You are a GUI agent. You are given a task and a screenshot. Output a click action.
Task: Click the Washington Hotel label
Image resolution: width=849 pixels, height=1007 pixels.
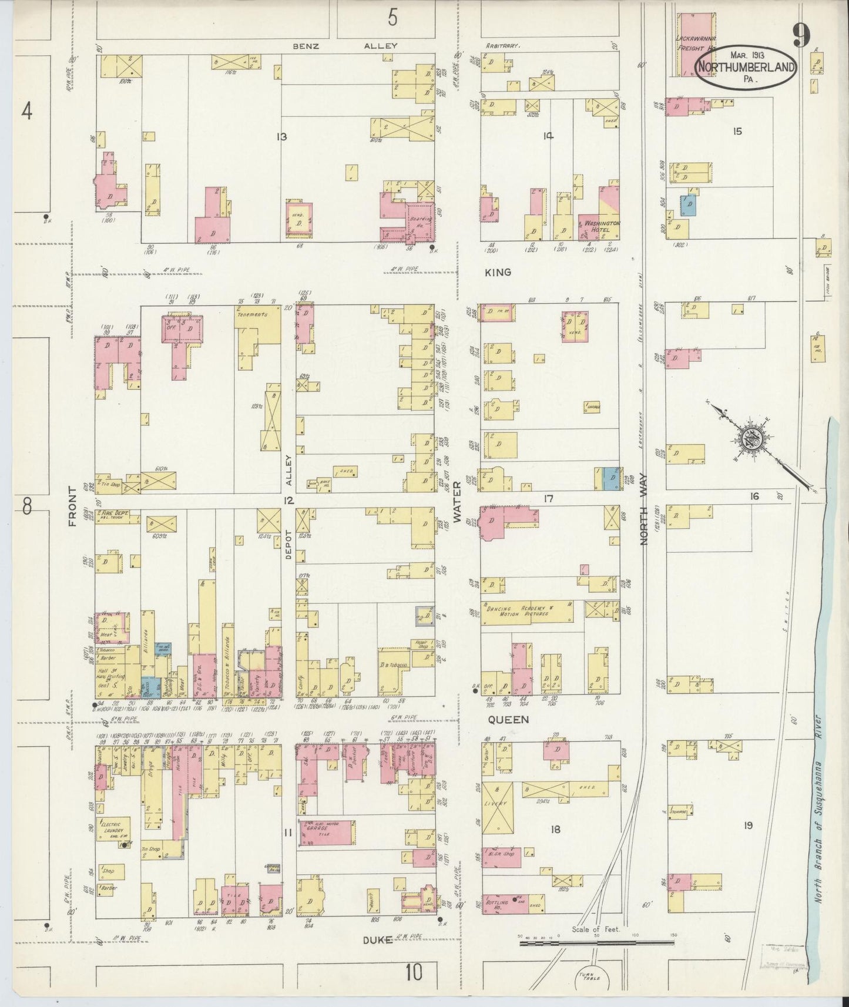(600, 227)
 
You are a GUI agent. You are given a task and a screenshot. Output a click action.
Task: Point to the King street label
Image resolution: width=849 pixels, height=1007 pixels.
(498, 273)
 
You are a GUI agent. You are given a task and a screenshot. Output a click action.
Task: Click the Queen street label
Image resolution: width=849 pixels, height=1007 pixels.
(501, 719)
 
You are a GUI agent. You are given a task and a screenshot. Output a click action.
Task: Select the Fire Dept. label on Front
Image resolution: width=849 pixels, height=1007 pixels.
(118, 516)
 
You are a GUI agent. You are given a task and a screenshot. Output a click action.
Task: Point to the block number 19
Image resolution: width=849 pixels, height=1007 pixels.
(748, 825)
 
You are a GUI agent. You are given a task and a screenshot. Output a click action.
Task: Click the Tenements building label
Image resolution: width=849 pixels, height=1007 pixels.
(252, 314)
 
